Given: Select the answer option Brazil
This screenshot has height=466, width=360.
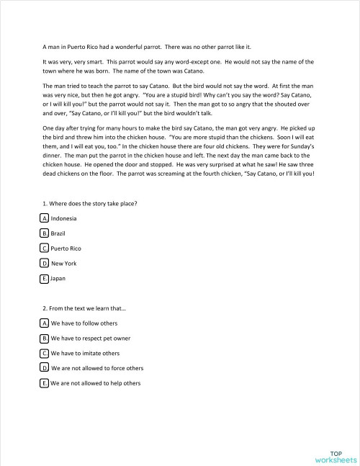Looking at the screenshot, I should pyautogui.click(x=59, y=233).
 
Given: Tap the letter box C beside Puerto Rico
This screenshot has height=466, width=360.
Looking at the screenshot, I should pyautogui.click(x=45, y=248).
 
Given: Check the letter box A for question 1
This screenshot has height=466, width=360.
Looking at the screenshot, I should pyautogui.click(x=45, y=218).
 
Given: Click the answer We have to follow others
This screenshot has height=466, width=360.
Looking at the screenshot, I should pyautogui.click(x=84, y=323).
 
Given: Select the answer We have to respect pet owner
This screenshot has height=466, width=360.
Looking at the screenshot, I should pyautogui.click(x=94, y=339).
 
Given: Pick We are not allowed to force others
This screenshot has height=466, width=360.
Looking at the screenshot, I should pyautogui.click(x=97, y=368).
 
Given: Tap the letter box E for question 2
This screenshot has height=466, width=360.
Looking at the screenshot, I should pyautogui.click(x=45, y=383).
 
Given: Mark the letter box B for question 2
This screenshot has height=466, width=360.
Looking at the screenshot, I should pyautogui.click(x=45, y=339).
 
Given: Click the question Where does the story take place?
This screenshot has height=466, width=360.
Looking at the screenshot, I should pyautogui.click(x=89, y=202).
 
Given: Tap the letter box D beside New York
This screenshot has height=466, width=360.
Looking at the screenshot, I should pyautogui.click(x=45, y=263).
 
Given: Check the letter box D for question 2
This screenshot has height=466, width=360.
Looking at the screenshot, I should pyautogui.click(x=45, y=368).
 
